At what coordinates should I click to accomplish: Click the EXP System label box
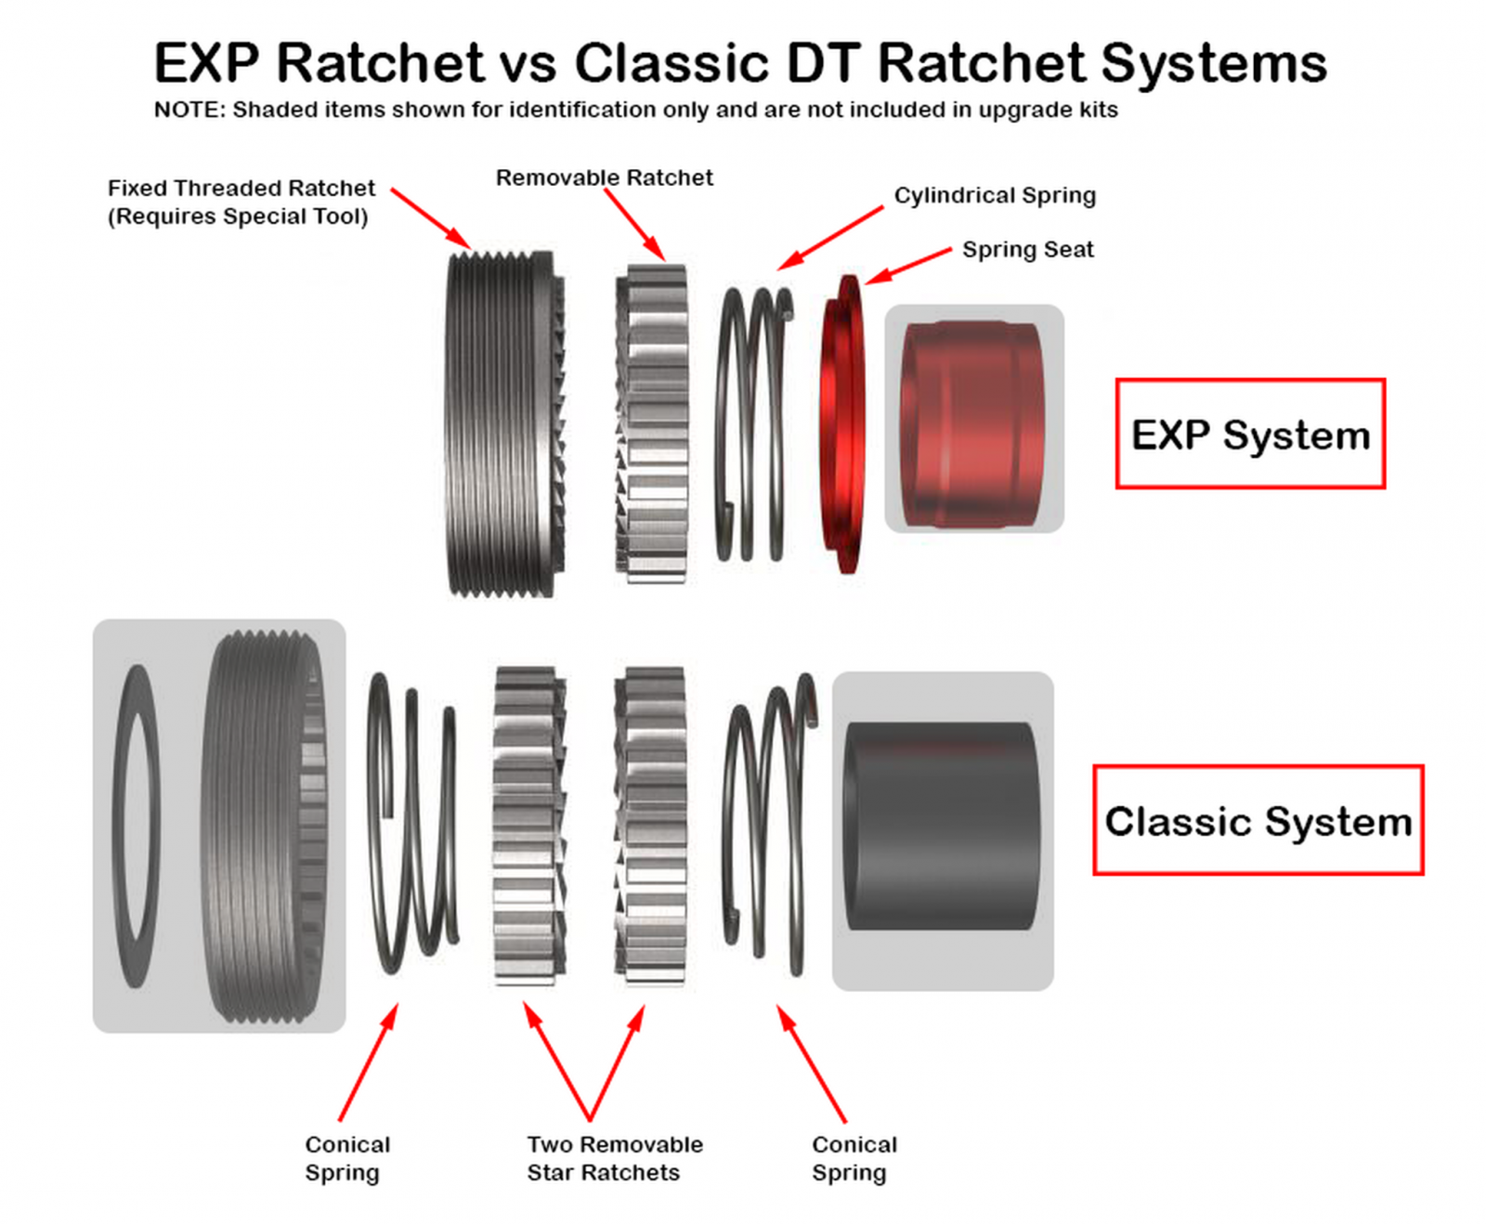[x=1250, y=434]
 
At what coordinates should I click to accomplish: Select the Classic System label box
[x=1258, y=821]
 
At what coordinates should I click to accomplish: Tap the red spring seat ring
[x=843, y=423]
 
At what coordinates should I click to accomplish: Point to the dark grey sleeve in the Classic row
[x=940, y=827]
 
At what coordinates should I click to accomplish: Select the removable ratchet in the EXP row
[x=653, y=423]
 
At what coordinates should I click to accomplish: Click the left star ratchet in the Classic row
[x=527, y=827]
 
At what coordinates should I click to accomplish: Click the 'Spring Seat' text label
[x=1027, y=249]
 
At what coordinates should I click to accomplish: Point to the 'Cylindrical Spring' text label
[x=995, y=195]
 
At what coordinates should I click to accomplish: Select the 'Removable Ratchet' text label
[x=604, y=177]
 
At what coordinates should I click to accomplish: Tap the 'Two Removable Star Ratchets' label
[x=614, y=1158]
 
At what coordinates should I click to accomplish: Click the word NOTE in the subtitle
[x=189, y=110]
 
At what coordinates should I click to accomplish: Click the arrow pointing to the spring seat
[x=907, y=266]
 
